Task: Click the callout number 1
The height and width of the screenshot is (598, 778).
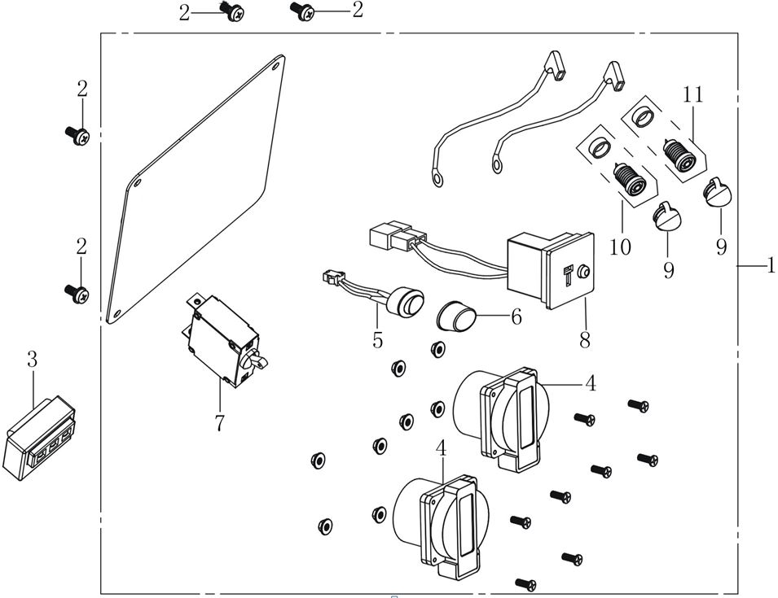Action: pyautogui.click(x=770, y=266)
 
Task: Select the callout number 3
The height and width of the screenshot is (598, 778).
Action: pyautogui.click(x=32, y=358)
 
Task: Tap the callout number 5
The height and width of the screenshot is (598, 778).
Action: pyautogui.click(x=377, y=340)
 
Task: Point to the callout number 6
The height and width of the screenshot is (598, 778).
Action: pyautogui.click(x=516, y=317)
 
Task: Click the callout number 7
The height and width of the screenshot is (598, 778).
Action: pyautogui.click(x=219, y=423)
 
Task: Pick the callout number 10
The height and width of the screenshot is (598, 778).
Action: pyautogui.click(x=620, y=247)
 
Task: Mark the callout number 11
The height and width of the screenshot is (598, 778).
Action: pyautogui.click(x=692, y=94)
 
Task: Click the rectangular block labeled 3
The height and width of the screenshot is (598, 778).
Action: pyautogui.click(x=38, y=440)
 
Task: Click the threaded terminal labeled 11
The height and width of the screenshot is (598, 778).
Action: pyautogui.click(x=680, y=155)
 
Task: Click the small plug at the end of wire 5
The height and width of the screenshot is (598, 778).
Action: pyautogui.click(x=330, y=276)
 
